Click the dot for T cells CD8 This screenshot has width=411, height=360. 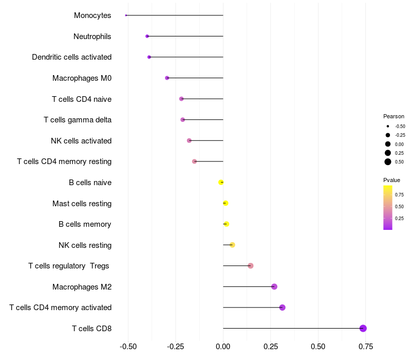click(x=363, y=328)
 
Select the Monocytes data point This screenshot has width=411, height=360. click(x=126, y=15)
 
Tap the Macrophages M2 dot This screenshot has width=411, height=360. click(x=274, y=286)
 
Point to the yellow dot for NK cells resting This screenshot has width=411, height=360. click(x=232, y=245)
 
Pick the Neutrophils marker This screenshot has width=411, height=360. click(x=147, y=36)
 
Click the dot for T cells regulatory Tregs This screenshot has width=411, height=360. click(x=250, y=266)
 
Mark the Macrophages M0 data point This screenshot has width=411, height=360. click(x=167, y=78)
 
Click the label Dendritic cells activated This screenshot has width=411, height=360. click(x=71, y=57)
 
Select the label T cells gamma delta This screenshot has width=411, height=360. click(x=78, y=120)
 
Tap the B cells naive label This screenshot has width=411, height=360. click(x=90, y=183)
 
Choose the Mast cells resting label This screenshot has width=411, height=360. click(x=82, y=204)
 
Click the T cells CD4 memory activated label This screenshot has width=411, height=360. click(x=60, y=308)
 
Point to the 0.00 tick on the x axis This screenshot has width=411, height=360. click(x=223, y=347)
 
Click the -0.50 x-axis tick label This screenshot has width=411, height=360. click(x=128, y=347)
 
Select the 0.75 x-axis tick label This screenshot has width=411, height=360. click(x=366, y=347)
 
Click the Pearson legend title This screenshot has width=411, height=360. click(x=394, y=116)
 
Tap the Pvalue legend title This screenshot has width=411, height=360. click(x=391, y=180)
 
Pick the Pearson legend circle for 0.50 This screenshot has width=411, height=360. click(x=388, y=162)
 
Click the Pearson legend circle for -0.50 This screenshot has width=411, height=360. click(x=388, y=126)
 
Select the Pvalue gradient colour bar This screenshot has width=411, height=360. click(x=388, y=207)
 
